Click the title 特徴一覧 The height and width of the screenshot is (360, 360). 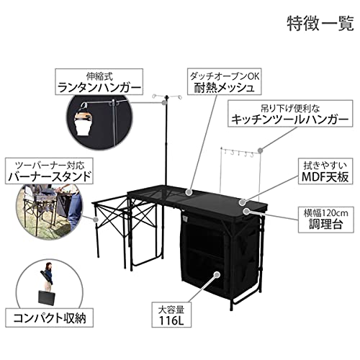[320, 24]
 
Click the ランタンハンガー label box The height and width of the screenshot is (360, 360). [99, 81]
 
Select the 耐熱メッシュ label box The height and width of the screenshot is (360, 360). [225, 81]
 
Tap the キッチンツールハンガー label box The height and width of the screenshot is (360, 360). [290, 114]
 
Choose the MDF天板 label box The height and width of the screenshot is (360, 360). [325, 171]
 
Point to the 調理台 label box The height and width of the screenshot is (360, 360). [326, 220]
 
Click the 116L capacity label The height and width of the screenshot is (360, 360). [171, 315]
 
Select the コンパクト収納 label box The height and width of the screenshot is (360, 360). [50, 318]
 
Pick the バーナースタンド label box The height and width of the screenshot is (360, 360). [49, 171]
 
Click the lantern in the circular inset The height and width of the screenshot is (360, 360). [84, 119]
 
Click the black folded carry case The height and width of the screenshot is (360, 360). [47, 299]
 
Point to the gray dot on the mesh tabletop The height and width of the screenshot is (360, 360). [189, 192]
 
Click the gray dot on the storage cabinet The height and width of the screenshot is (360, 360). [217, 274]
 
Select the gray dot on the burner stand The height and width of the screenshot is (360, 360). [96, 220]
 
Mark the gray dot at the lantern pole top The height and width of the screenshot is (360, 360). [164, 103]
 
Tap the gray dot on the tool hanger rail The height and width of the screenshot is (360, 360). [261, 150]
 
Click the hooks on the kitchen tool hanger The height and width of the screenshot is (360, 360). [238, 153]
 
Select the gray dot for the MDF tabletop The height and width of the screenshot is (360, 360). [243, 202]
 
